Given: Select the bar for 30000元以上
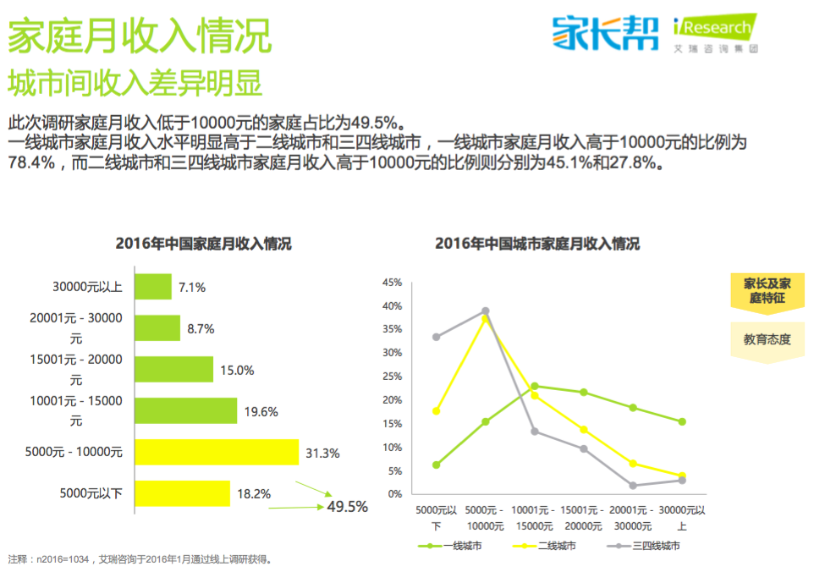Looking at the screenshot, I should (153, 287).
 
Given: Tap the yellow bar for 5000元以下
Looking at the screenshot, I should (183, 493).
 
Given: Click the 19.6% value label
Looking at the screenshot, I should (261, 411).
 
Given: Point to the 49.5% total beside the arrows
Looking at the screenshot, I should (347, 507).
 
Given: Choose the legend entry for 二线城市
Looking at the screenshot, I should (546, 546).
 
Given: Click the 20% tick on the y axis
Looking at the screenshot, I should (392, 399).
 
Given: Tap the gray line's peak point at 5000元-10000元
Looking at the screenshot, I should (486, 311).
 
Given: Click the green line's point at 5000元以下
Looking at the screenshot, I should (436, 465).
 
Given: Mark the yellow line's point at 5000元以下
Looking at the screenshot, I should (436, 411).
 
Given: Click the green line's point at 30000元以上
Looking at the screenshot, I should (682, 421).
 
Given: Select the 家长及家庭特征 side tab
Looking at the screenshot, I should (767, 290).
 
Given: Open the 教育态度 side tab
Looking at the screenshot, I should (767, 339).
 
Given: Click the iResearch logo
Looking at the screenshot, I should (715, 33).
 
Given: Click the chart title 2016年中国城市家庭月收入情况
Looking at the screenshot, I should (537, 245).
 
